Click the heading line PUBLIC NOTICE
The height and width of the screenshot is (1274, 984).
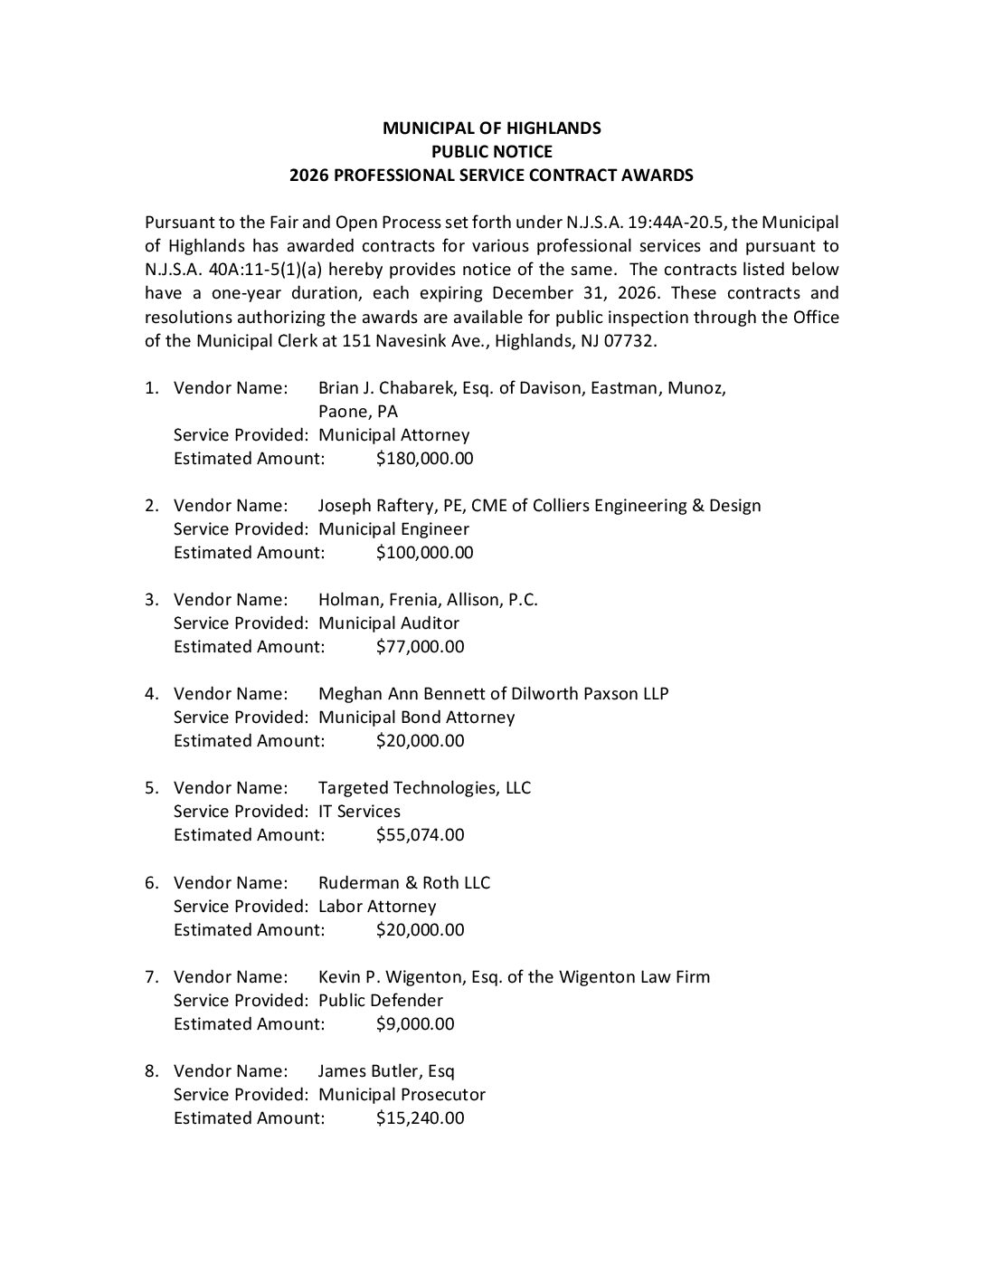[491, 152]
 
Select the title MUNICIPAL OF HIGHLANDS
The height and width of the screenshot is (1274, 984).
[491, 128]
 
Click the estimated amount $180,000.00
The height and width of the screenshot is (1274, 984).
[424, 459]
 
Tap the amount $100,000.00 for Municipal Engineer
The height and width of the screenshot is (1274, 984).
[424, 553]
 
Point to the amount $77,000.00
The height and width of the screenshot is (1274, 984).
[420, 647]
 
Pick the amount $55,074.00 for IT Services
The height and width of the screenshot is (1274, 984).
[420, 835]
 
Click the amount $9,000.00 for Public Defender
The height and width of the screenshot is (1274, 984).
[415, 1024]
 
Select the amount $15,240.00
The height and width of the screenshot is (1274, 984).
[420, 1118]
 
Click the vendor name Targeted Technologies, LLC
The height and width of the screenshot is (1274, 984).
[424, 788]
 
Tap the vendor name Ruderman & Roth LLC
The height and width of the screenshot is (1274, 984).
[403, 883]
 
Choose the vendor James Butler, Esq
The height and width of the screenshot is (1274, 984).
[386, 1071]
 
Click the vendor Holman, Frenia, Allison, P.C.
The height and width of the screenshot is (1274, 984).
[428, 600]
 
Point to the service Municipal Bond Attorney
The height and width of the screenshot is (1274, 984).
[416, 718]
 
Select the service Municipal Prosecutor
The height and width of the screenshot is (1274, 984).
[402, 1095]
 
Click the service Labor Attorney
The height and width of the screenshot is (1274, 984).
[376, 907]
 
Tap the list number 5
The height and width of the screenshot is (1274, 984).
[150, 788]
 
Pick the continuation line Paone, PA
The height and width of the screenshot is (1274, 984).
[358, 412]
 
